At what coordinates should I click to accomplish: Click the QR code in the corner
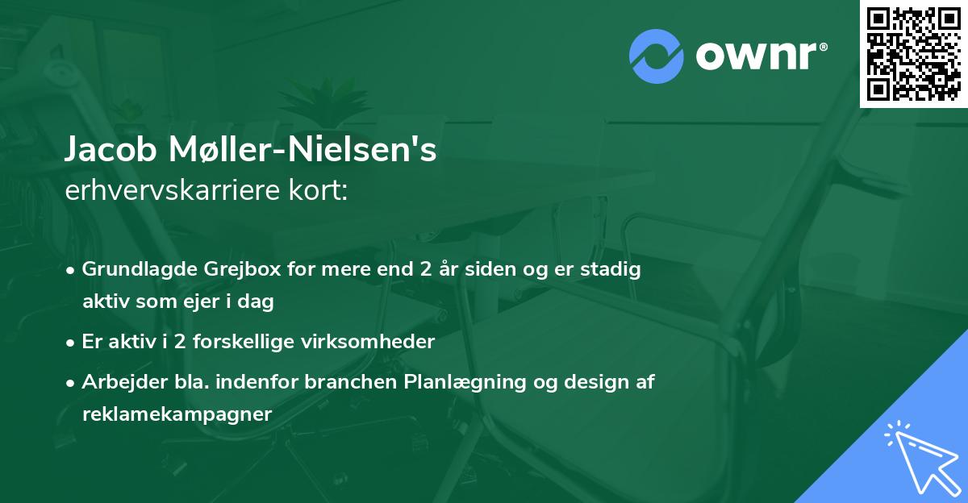[x=914, y=53]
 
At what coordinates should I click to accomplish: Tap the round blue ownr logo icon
[x=656, y=56]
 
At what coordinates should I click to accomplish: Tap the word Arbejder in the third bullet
[x=115, y=381]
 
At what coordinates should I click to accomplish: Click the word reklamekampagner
[x=177, y=414]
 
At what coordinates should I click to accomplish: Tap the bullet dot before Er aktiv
[x=72, y=342]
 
